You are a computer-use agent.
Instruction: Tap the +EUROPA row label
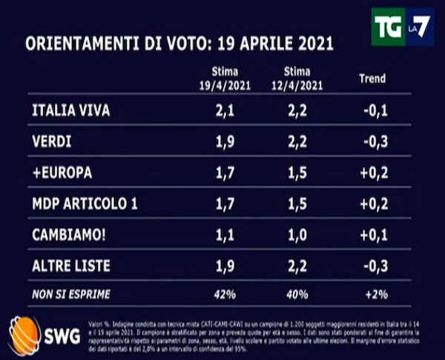tap(62, 173)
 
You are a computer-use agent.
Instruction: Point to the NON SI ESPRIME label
tap(71, 295)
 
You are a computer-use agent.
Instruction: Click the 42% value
tap(220, 295)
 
